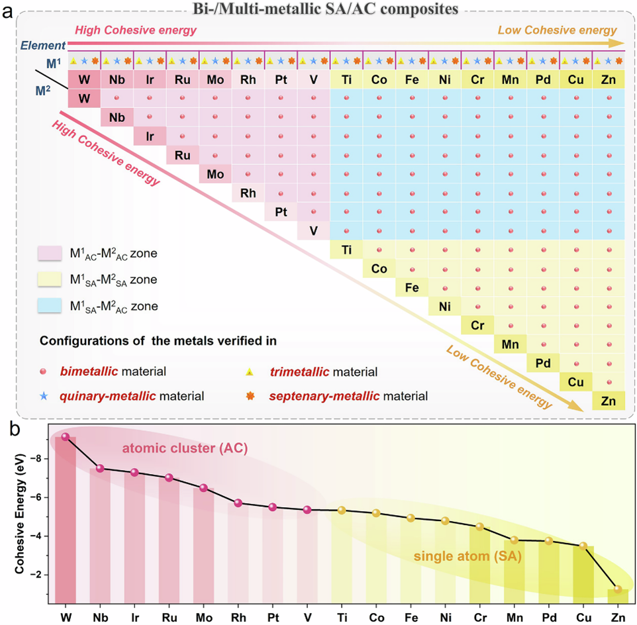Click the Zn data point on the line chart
pos(618,589)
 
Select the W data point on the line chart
pos(65,436)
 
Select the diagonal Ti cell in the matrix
pos(346,250)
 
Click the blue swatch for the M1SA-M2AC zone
pos(50,307)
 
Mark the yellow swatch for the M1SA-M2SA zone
pos(50,280)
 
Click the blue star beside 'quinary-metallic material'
pos(44,396)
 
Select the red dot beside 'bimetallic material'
pos(44,372)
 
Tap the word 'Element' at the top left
pos(42,46)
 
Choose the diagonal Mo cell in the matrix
pos(215,174)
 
